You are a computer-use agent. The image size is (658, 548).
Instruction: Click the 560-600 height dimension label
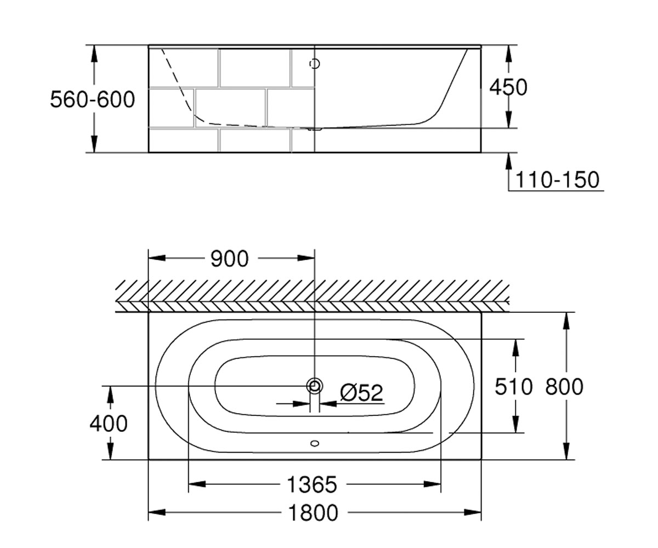coord(92,100)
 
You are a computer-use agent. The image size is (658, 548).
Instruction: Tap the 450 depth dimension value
coord(508,87)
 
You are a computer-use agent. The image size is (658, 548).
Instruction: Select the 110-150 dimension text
coord(557,180)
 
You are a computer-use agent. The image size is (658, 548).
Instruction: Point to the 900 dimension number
coord(229,259)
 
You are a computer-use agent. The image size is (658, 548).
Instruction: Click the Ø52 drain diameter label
coord(361,392)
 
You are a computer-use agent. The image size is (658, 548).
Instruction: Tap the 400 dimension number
coord(109,423)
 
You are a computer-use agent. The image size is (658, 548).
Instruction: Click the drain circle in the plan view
coord(315,385)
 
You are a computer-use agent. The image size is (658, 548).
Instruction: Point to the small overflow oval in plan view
coord(315,443)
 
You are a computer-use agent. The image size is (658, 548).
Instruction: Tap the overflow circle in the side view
coord(315,64)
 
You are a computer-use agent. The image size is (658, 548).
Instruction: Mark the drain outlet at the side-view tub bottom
coord(315,128)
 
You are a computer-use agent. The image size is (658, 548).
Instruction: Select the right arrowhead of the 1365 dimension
coord(433,484)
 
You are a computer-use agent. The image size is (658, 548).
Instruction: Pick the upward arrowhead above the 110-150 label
coord(508,161)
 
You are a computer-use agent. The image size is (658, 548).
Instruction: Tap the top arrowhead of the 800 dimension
coord(566,321)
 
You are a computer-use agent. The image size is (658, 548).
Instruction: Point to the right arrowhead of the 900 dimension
coord(306,258)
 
